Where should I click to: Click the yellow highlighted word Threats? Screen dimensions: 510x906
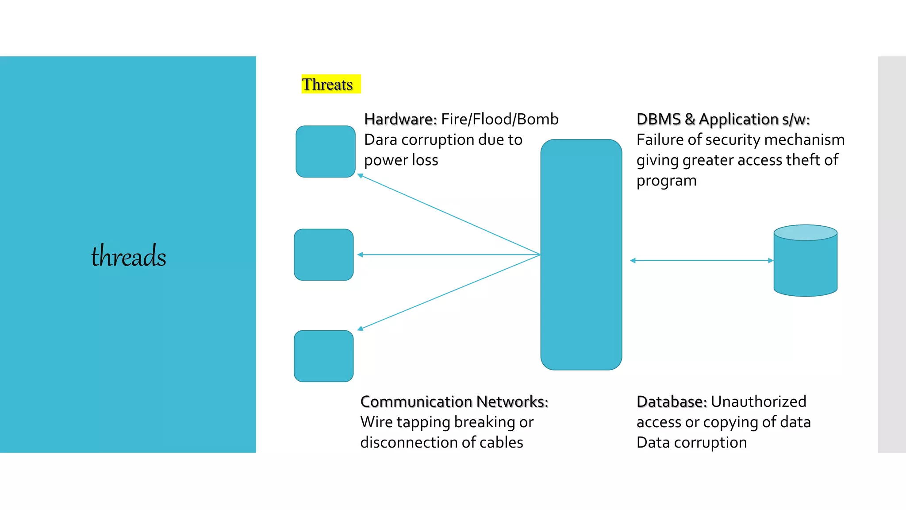click(x=327, y=84)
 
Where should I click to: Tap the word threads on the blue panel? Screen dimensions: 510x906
click(x=128, y=256)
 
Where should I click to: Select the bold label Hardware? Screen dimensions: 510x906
click(x=400, y=119)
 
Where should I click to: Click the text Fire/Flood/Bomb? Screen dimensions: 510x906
click(x=500, y=119)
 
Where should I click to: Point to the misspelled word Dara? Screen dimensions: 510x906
click(x=380, y=140)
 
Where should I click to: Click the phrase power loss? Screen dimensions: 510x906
click(x=401, y=160)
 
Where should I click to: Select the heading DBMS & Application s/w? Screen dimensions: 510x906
click(x=723, y=119)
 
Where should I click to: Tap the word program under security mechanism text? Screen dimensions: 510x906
click(x=666, y=181)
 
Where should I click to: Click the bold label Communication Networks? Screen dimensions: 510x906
click(x=454, y=402)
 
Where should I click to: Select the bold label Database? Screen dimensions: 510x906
click(x=672, y=402)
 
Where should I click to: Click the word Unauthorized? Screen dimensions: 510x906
click(x=758, y=402)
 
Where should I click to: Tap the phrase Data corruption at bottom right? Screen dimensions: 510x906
click(x=691, y=442)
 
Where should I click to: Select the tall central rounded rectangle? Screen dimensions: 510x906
click(x=581, y=255)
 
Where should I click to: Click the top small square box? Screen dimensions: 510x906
click(x=325, y=151)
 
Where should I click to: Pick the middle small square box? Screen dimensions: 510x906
click(x=323, y=255)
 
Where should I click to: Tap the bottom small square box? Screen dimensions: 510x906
click(x=323, y=356)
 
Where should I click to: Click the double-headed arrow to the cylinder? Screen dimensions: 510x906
click(x=701, y=260)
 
